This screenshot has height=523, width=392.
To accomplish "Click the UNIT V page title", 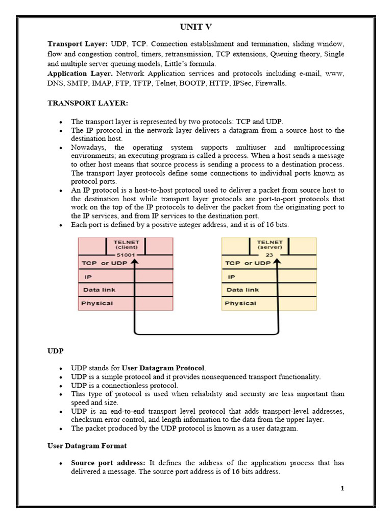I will (196, 27).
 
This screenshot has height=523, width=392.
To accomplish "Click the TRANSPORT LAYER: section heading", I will (88, 103).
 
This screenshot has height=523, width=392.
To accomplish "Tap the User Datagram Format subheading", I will (87, 446).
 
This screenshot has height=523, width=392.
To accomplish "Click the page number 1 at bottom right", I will (342, 488).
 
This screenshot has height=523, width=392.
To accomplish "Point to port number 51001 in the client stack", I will (126, 254).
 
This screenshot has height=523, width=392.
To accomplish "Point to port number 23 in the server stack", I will (269, 254).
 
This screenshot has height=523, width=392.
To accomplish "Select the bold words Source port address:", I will (108, 463).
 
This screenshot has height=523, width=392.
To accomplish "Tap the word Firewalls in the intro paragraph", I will (271, 83).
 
